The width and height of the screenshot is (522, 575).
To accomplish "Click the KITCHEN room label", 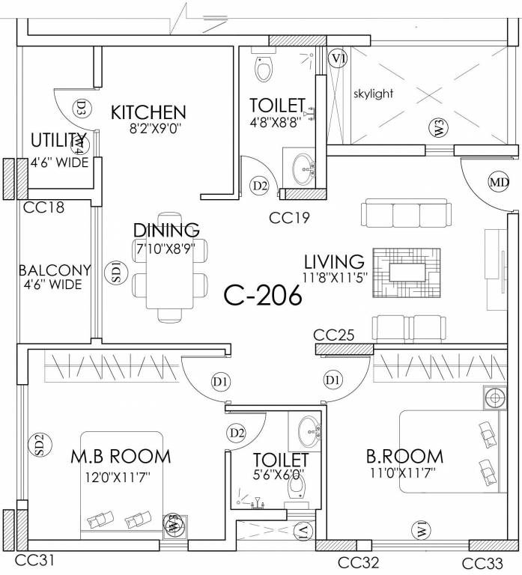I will coord(148,113).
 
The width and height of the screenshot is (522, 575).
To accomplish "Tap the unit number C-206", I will coord(263,296).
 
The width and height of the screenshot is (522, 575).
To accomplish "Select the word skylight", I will coord(373,94).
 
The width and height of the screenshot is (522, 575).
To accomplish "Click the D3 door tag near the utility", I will coord(81,109).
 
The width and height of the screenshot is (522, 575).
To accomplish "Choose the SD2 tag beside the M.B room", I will coord(40,445).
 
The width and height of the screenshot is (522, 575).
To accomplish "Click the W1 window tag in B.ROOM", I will coord(422,529).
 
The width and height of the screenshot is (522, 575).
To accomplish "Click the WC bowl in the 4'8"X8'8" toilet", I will coord(263,70).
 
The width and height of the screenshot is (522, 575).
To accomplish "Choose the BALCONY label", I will coord(55,270).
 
